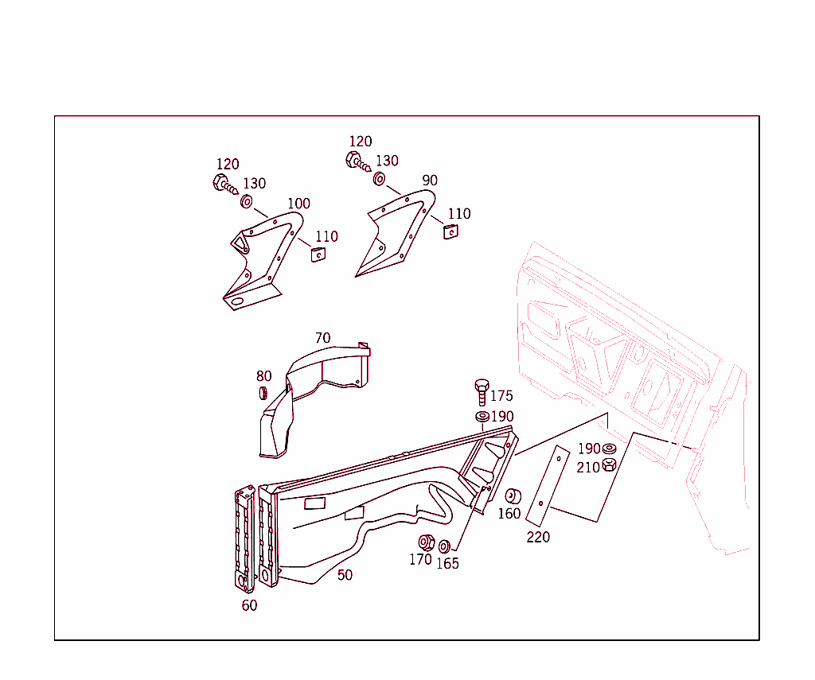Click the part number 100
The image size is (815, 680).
(x=299, y=203)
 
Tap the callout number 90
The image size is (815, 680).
(x=430, y=181)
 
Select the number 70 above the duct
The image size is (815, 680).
(x=323, y=338)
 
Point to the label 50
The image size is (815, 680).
(x=345, y=575)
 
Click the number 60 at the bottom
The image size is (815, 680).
(x=249, y=605)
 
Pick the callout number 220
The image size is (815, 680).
(x=538, y=537)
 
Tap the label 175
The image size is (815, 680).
(x=501, y=396)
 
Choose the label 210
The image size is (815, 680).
(x=588, y=468)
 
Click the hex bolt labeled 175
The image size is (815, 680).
(x=482, y=392)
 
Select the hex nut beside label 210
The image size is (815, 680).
(x=609, y=464)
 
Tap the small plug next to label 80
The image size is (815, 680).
(x=263, y=393)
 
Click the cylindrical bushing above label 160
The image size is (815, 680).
(x=513, y=496)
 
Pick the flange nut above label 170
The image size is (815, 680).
(x=427, y=542)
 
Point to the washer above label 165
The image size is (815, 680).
(x=444, y=546)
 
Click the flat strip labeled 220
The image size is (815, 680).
(x=548, y=486)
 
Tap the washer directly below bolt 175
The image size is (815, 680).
(x=482, y=416)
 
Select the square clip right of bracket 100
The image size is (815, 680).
(x=318, y=255)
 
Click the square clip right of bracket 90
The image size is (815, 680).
(x=450, y=231)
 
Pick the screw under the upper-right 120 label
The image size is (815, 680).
(x=358, y=161)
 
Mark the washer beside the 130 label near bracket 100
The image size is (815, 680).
(x=247, y=201)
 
